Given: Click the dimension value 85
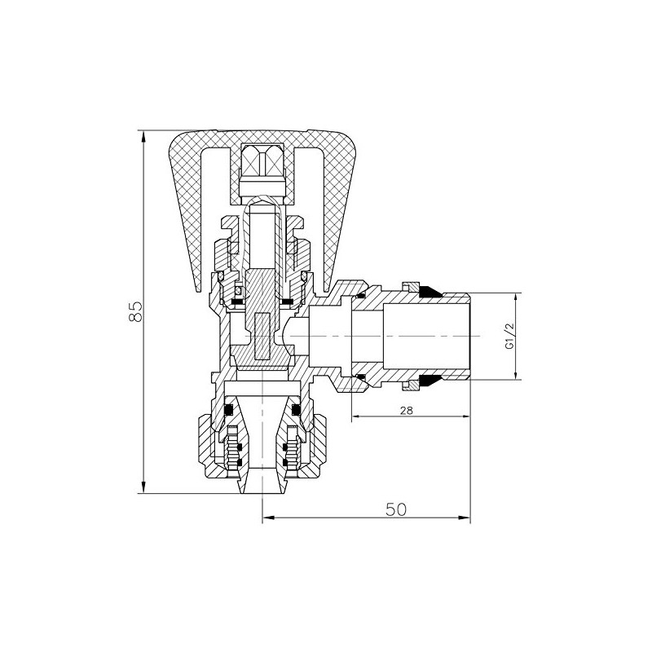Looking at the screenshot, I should [136, 311].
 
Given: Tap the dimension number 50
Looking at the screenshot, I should [396, 509].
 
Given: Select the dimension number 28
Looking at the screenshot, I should [407, 412].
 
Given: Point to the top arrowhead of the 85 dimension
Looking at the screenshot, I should [144, 132].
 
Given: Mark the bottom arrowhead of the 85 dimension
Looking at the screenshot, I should [144, 490].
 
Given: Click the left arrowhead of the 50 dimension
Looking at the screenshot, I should [267, 518].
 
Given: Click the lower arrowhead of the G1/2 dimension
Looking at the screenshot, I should [517, 375].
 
